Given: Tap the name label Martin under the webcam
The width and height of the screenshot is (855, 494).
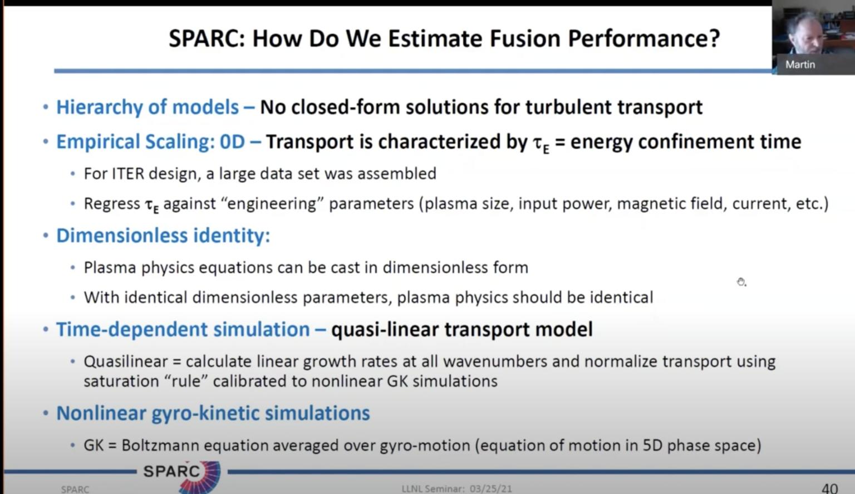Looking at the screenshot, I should tap(800, 65).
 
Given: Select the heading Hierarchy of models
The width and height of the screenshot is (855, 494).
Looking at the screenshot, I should tap(148, 107).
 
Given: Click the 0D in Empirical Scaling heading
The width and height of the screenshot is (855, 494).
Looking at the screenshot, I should tap(232, 142).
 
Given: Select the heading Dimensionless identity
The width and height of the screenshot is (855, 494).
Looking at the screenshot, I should tap(163, 236).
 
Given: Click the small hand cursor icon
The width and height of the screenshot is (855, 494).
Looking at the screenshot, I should tap(741, 282).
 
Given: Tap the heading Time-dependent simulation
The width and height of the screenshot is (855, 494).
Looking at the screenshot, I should tap(183, 330).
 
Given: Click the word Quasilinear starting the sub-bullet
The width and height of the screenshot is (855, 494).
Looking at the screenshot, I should tap(125, 361).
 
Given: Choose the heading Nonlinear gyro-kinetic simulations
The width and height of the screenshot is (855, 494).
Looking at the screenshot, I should tap(213, 413).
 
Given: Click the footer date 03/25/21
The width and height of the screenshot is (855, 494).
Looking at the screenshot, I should tap(490, 489).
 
